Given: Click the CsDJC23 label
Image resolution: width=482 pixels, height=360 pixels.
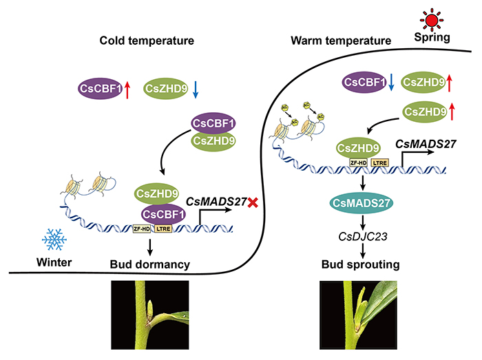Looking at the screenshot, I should (360, 236).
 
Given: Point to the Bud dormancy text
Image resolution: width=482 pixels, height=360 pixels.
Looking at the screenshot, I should (150, 263).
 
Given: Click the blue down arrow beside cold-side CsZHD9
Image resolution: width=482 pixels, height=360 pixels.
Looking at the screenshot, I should (196, 87).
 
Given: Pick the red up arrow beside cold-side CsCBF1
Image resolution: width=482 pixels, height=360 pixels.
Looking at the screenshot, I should (127, 87).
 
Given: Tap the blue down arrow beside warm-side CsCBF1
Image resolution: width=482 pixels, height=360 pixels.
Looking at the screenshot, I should (391, 83).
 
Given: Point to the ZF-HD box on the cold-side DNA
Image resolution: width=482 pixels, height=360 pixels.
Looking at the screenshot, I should (142, 227).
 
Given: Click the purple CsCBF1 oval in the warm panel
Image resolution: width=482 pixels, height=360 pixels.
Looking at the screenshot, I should (365, 83).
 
